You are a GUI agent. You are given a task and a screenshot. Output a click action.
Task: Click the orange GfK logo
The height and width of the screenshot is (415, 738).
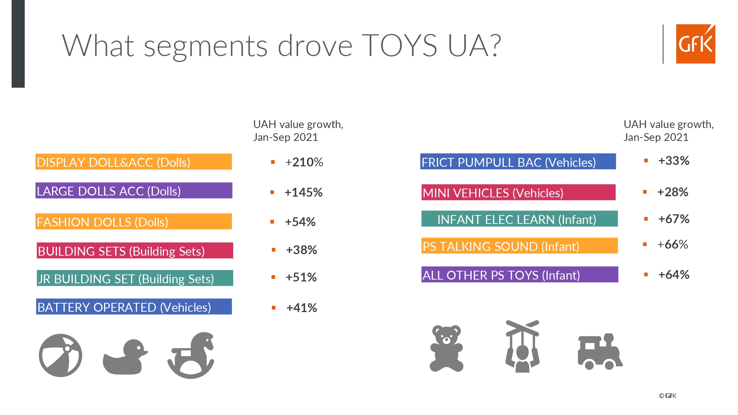[695, 44]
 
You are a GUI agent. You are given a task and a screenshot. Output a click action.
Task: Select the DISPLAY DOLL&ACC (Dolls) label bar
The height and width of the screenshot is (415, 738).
[134, 162]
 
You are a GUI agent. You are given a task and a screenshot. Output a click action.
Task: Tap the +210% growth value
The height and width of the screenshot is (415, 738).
[304, 162]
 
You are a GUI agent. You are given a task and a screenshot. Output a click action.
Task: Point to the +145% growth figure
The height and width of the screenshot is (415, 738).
[303, 192]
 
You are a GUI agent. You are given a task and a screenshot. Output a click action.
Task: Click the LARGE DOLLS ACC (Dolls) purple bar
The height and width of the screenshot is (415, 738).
[134, 191]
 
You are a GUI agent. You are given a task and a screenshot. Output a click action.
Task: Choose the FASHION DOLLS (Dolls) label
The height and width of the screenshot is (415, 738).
[134, 222]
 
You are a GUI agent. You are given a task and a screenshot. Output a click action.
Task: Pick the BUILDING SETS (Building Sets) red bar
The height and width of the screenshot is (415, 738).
[135, 251]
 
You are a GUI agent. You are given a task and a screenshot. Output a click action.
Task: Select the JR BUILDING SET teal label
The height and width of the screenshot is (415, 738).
[135, 279]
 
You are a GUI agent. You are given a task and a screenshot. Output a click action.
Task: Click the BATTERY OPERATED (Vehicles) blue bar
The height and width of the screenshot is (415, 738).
[134, 307]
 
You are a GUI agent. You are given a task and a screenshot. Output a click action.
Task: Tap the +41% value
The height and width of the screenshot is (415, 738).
[301, 308]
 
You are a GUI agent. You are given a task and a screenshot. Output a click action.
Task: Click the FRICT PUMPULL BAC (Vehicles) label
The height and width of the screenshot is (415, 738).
[518, 162]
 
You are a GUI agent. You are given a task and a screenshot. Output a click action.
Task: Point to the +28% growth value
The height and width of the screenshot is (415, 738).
[672, 192]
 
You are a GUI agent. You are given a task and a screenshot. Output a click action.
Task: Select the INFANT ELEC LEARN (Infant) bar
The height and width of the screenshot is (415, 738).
[519, 219]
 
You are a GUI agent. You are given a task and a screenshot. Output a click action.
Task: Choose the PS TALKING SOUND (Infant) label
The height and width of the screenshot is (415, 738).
[519, 246]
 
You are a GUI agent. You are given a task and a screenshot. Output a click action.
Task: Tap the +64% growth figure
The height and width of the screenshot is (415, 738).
[673, 274]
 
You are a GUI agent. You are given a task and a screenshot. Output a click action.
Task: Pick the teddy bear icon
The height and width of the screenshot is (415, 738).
[446, 348]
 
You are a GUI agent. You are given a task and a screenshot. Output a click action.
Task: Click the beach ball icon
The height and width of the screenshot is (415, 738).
[61, 355]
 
